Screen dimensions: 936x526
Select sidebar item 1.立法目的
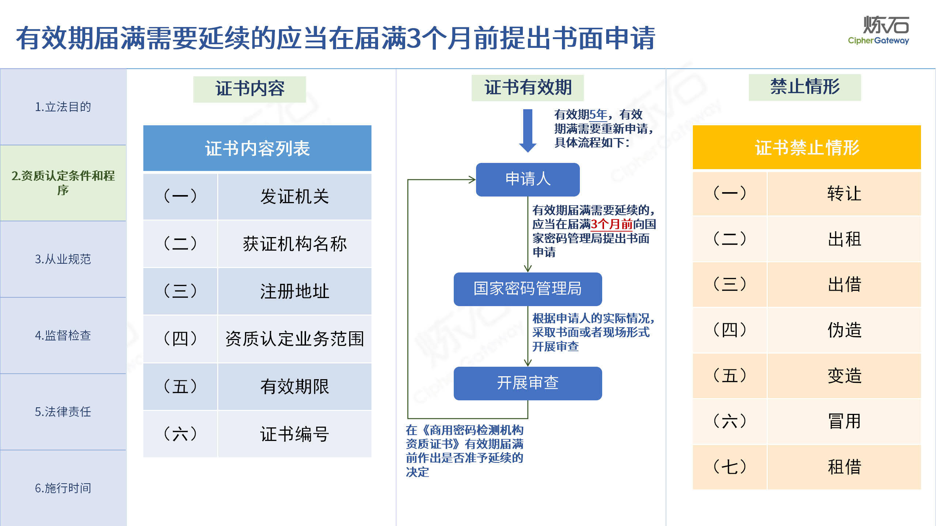[x=63, y=107]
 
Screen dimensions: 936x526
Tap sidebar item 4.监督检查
[x=63, y=335]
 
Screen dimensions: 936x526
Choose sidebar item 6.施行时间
[x=63, y=488]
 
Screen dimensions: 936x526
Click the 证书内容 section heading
[x=250, y=89]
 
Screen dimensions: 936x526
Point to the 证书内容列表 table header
[x=257, y=148]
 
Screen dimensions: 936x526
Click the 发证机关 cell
[x=295, y=197]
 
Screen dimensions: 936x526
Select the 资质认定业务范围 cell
[x=295, y=339]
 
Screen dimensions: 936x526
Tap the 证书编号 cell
[x=295, y=434]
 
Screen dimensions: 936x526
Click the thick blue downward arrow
[x=528, y=130]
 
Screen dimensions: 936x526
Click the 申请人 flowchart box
[x=528, y=179]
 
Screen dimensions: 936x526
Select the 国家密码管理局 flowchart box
[x=528, y=289]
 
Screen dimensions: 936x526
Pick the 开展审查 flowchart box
[x=528, y=383]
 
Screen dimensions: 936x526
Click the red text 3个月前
[x=612, y=224]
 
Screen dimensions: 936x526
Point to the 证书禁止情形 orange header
[x=807, y=148]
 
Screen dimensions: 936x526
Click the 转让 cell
[x=844, y=194]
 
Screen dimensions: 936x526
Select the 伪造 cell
[x=844, y=330]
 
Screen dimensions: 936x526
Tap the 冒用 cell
[x=844, y=421]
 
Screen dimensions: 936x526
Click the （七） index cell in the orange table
[x=730, y=467]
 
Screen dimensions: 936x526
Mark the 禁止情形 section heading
[x=805, y=87]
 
